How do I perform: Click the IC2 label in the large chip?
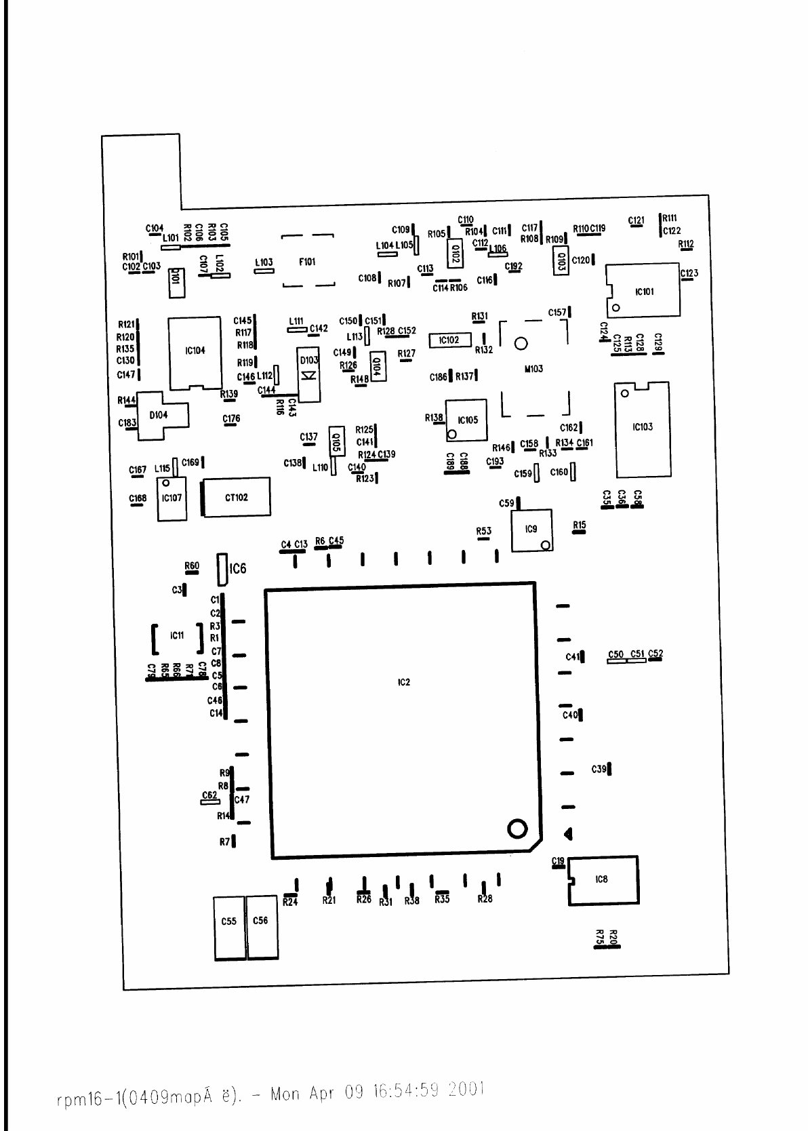pyautogui.click(x=403, y=682)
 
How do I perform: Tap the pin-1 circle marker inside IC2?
pyautogui.click(x=517, y=829)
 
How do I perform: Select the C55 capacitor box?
pyautogui.click(x=230, y=928)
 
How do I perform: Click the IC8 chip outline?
pyautogui.click(x=603, y=880)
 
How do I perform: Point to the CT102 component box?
pyautogui.click(x=237, y=497)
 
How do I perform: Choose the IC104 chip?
pyautogui.click(x=195, y=351)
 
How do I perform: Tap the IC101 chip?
pyautogui.click(x=643, y=290)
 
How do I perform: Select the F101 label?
pyautogui.click(x=307, y=262)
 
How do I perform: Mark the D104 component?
pyautogui.click(x=160, y=414)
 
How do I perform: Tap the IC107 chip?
pyautogui.click(x=171, y=499)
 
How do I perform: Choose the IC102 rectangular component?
pyautogui.click(x=449, y=340)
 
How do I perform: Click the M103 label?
pyautogui.click(x=533, y=369)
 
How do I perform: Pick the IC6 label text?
pyautogui.click(x=238, y=568)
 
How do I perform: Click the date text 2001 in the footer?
pyautogui.click(x=466, y=1090)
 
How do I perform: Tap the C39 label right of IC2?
pyautogui.click(x=599, y=769)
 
